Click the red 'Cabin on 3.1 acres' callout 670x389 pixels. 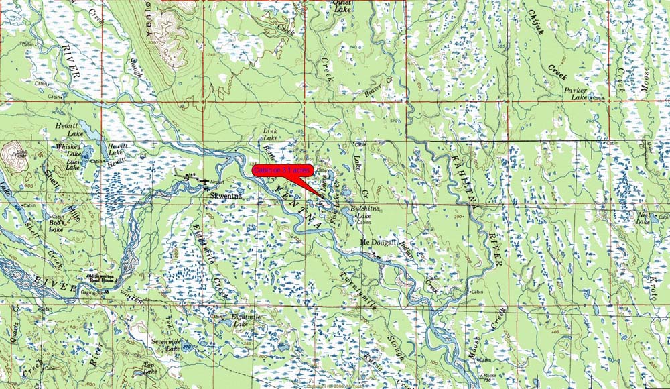[281, 171]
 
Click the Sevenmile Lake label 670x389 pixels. [163, 345]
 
